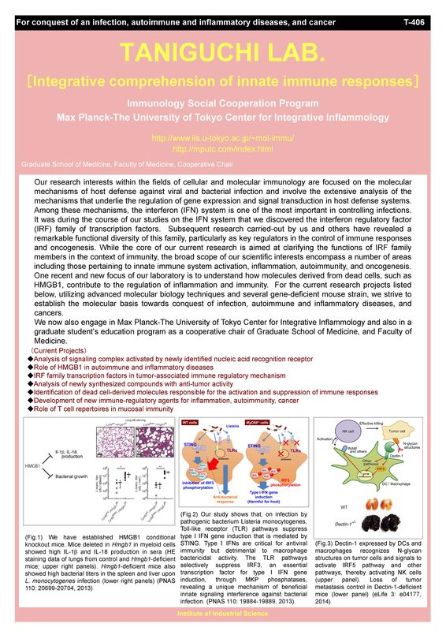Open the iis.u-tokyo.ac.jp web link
tap(222, 137)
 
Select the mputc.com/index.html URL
tap(222, 147)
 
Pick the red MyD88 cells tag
tap(259, 423)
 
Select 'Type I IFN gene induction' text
tap(273, 496)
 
